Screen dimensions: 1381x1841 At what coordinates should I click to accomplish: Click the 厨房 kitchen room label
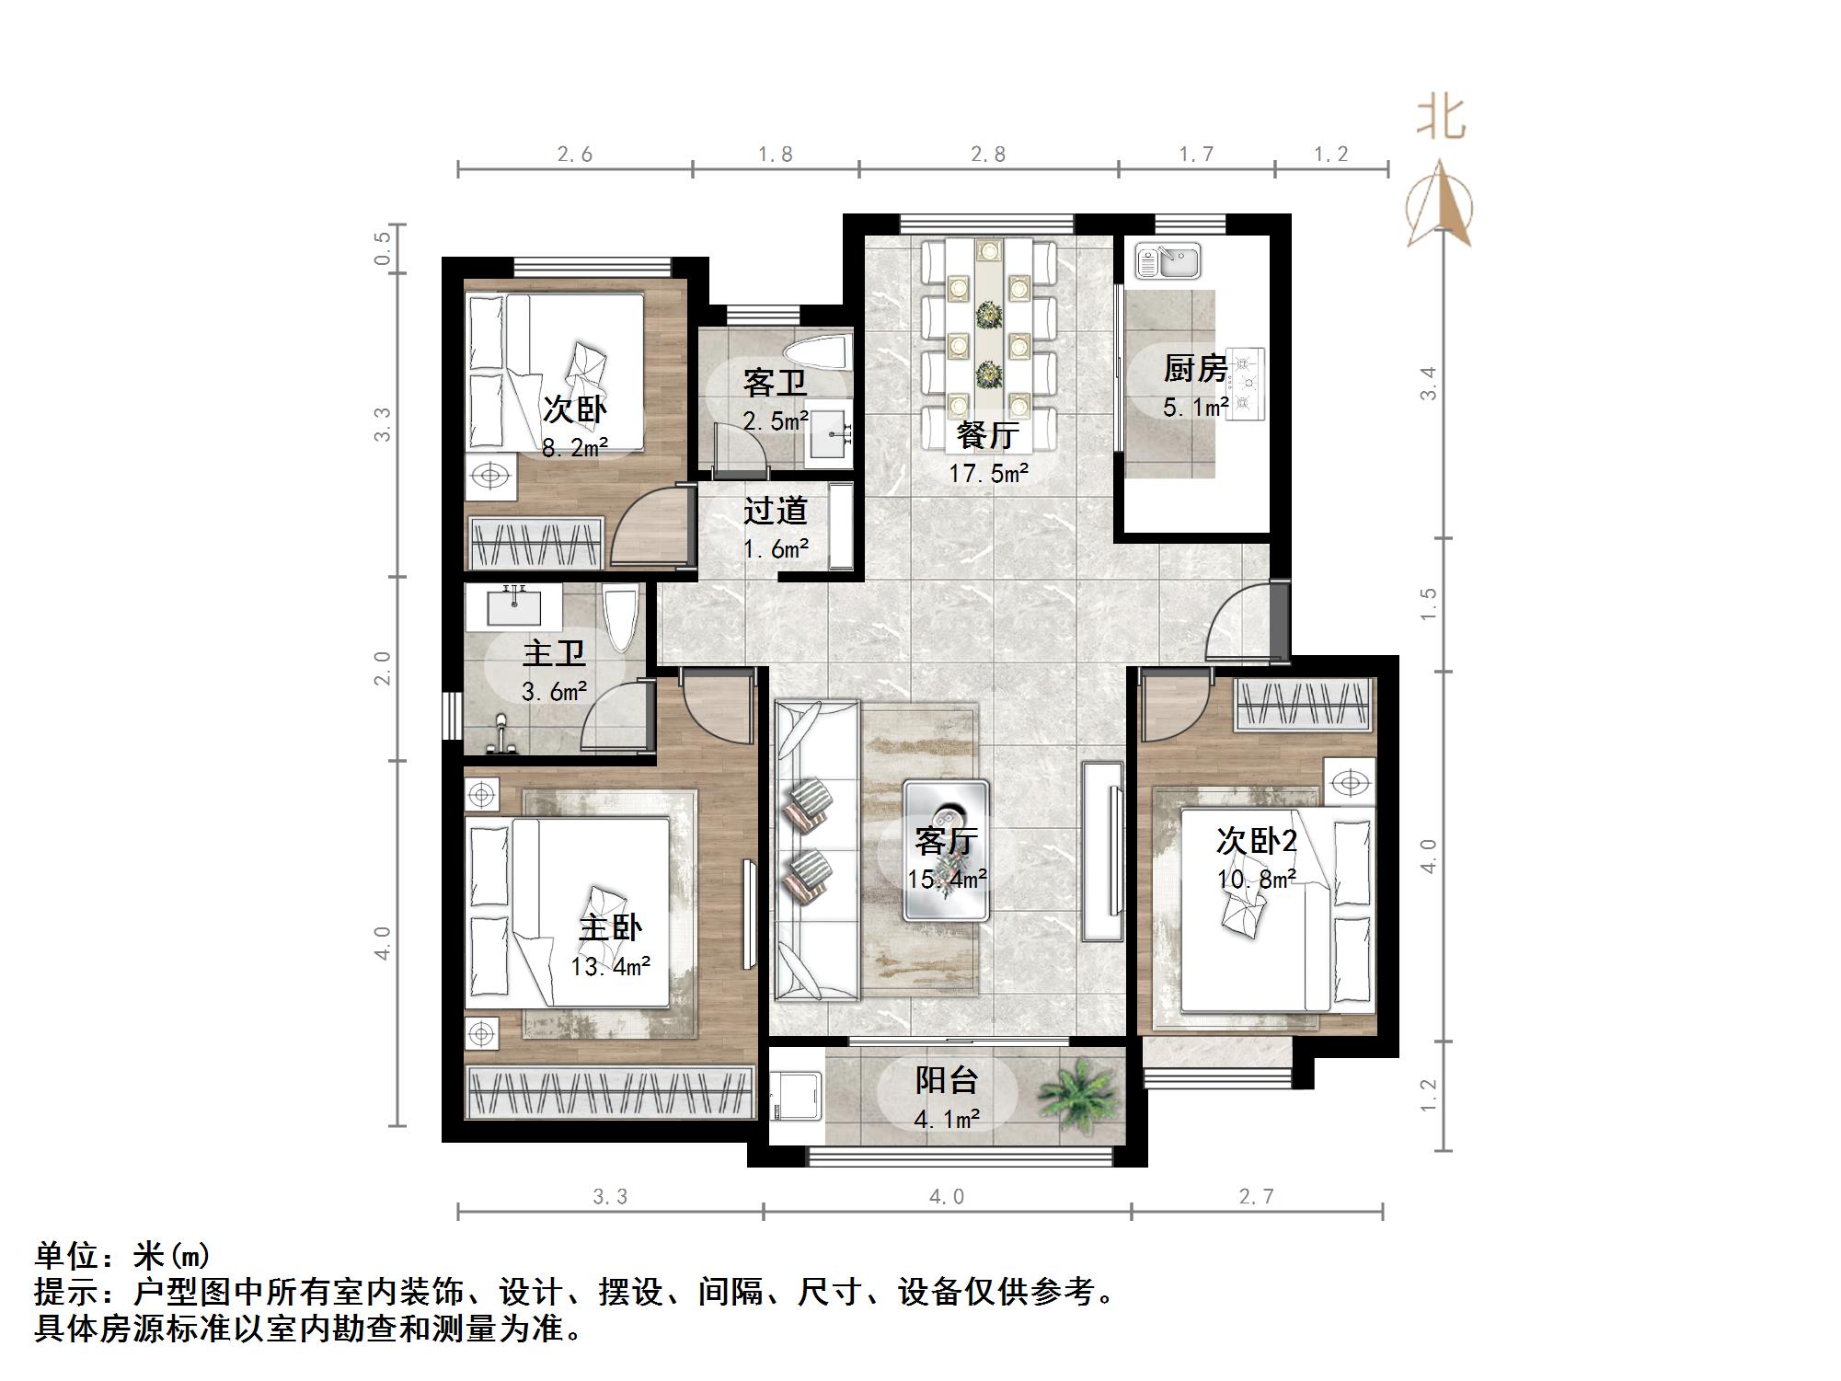click(1195, 369)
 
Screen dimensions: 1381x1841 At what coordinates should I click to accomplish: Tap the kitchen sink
click(1168, 260)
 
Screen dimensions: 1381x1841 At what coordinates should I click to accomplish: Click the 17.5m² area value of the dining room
click(988, 474)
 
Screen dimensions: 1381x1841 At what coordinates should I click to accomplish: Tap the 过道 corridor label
click(775, 511)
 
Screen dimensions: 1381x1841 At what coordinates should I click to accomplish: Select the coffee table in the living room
click(946, 850)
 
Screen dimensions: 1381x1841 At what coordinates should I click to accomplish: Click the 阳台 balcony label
click(946, 1080)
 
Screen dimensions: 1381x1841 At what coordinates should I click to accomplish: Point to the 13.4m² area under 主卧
click(610, 967)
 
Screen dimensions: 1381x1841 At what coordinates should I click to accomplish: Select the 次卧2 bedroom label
click(1256, 841)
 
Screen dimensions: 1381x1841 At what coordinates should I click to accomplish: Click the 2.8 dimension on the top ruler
click(988, 155)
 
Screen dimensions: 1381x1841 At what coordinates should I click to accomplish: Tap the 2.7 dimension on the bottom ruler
click(1256, 1196)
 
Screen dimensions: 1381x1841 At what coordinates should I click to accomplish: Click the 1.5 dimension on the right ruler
click(1428, 604)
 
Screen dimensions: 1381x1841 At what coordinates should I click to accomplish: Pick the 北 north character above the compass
click(1441, 120)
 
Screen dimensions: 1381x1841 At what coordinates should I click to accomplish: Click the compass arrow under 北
click(1440, 207)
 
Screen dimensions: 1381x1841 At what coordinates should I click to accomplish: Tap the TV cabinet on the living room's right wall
click(1102, 850)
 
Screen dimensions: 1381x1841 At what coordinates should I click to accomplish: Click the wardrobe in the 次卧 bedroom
click(536, 543)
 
